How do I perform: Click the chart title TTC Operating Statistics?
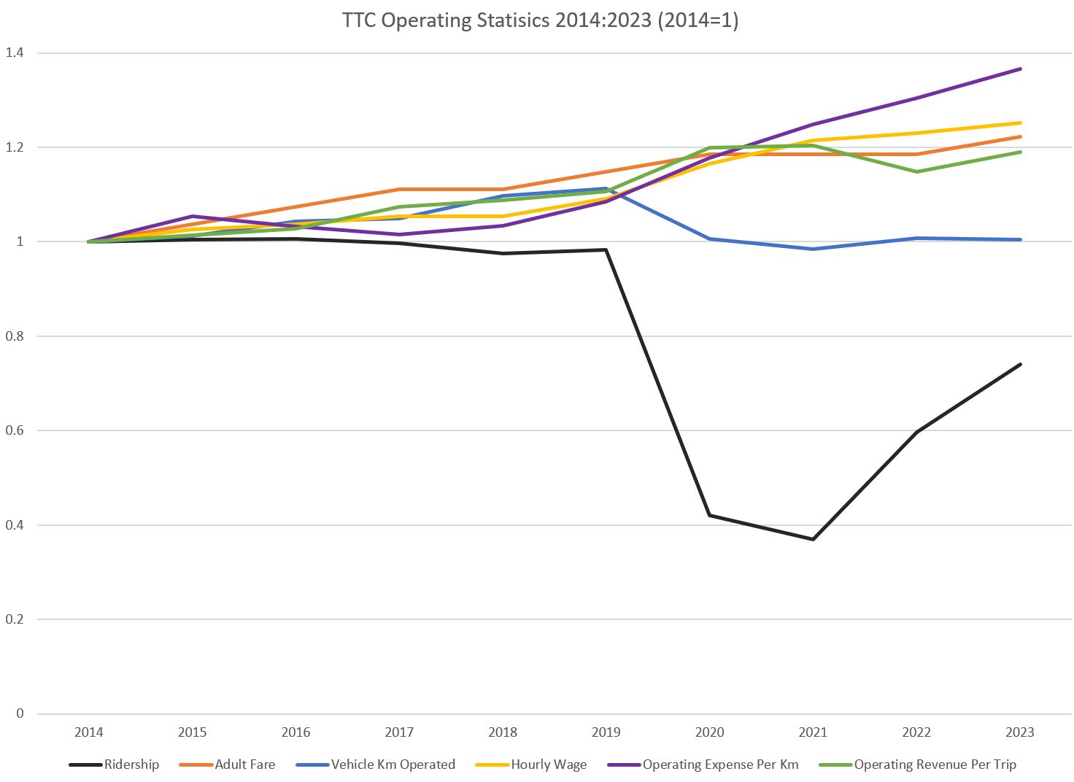click(x=540, y=20)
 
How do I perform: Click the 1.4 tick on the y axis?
click(x=15, y=53)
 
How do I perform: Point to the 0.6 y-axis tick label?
click(x=15, y=430)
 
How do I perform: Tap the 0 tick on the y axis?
click(x=20, y=713)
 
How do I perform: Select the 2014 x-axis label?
click(x=89, y=732)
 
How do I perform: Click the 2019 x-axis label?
click(x=606, y=732)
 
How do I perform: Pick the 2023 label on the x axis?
click(x=1020, y=732)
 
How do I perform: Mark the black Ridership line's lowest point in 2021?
click(x=813, y=539)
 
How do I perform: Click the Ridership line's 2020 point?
click(x=710, y=515)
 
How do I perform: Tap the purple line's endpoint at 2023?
click(x=1020, y=69)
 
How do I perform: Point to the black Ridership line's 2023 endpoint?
click(x=1020, y=364)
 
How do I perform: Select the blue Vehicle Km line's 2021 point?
click(x=813, y=249)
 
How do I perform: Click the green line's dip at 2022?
click(x=916, y=171)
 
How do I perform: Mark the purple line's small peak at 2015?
click(x=192, y=217)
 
